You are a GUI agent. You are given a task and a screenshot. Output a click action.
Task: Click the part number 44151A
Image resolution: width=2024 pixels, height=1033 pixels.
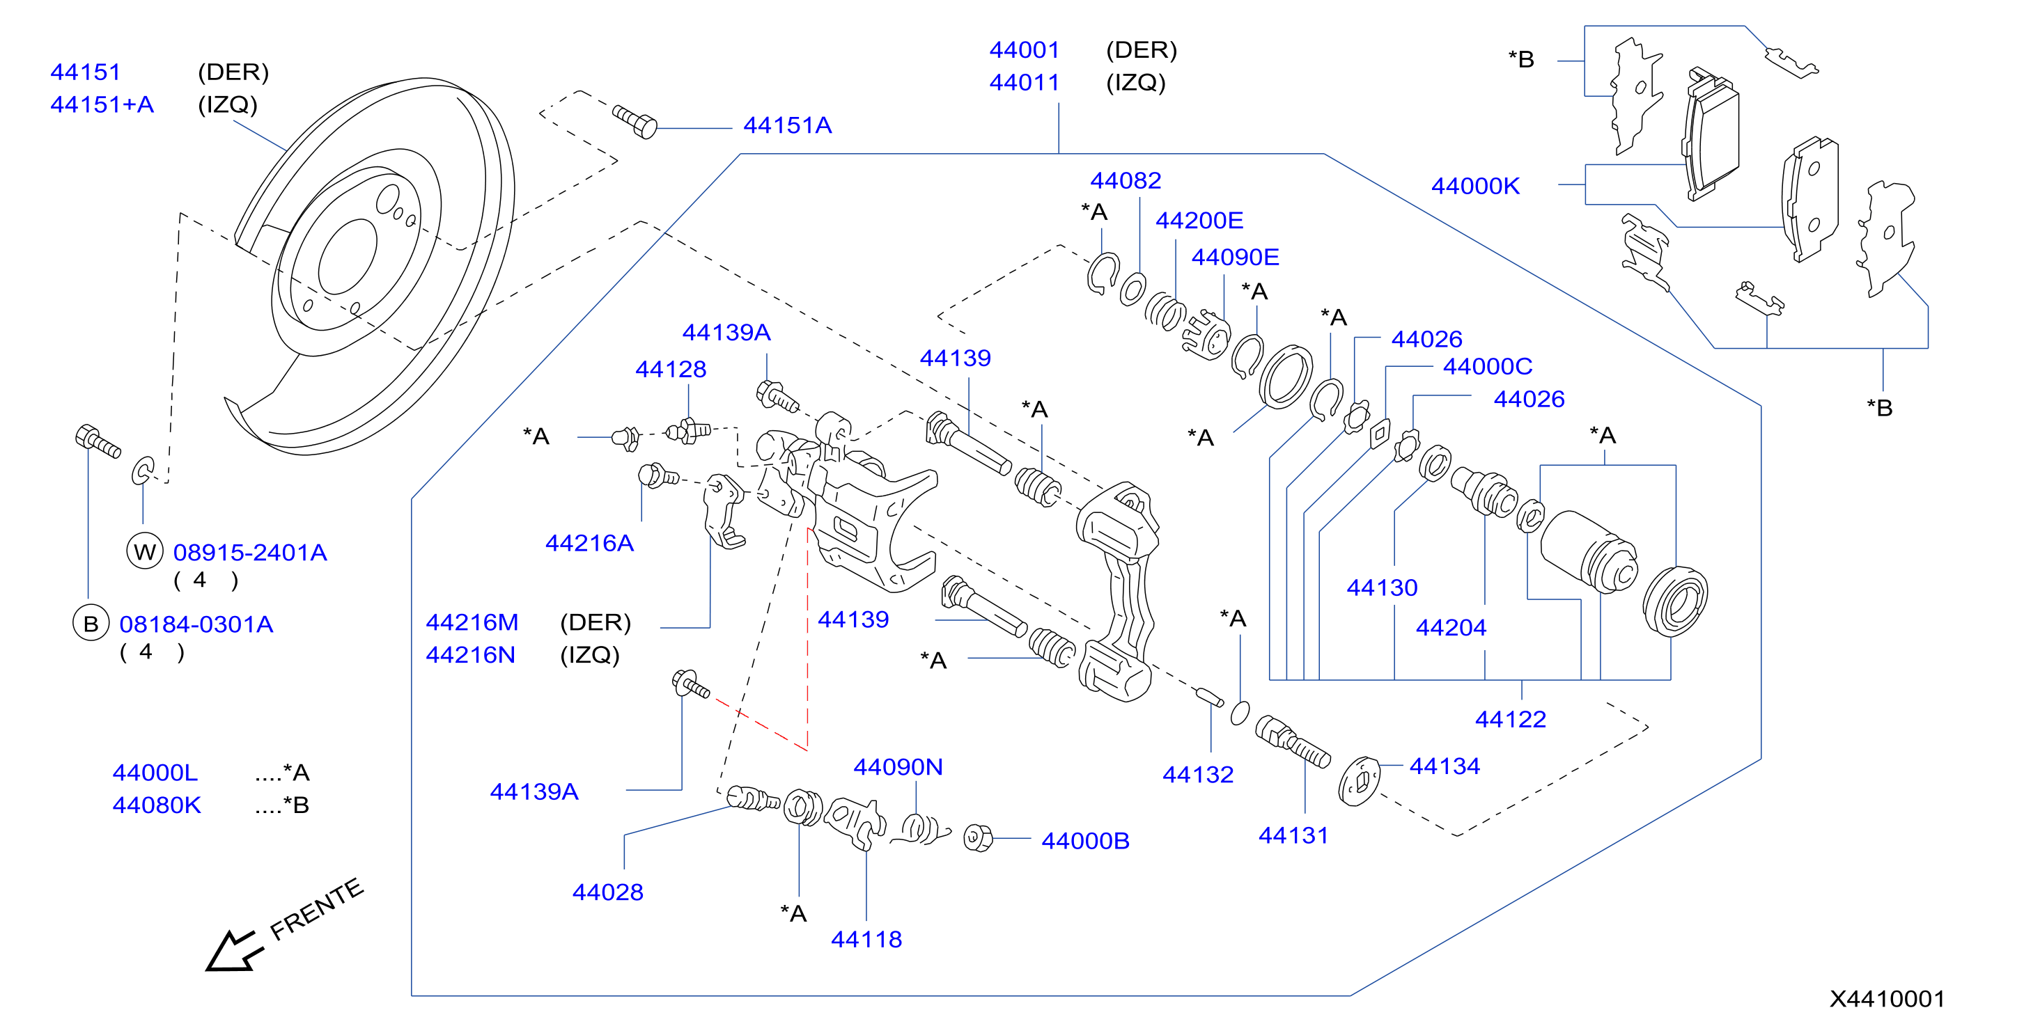click(x=787, y=126)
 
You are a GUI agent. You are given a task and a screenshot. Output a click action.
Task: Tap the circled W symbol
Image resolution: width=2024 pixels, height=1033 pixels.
click(x=146, y=551)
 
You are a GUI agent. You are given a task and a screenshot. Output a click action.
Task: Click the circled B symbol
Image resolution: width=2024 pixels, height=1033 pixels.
click(x=91, y=624)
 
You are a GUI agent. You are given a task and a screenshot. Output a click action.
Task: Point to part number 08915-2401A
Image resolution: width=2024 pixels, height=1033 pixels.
click(x=250, y=552)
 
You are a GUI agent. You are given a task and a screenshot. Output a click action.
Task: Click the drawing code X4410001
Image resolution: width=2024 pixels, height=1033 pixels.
click(x=1887, y=998)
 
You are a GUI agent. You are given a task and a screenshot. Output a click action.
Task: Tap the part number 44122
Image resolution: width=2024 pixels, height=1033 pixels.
click(x=1510, y=719)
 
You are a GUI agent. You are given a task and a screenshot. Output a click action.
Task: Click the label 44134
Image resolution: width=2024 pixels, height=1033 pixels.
click(x=1444, y=766)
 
